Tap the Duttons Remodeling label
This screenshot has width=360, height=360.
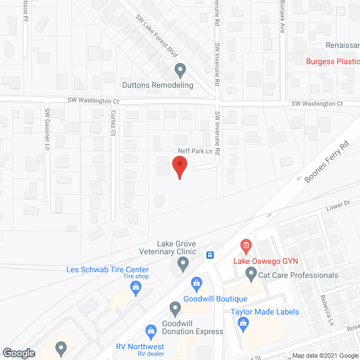click(x=157, y=85)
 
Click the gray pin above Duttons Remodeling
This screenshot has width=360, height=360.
click(x=180, y=71)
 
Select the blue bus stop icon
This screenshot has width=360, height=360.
click(x=210, y=254)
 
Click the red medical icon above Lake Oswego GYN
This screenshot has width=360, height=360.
click(x=245, y=245)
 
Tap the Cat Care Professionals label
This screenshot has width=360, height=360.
click(x=298, y=275)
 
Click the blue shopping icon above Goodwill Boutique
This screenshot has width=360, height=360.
click(x=196, y=282)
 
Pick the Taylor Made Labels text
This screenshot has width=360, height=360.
click(x=264, y=312)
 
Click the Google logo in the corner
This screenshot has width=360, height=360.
click(x=18, y=353)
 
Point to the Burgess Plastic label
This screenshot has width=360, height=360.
click(x=332, y=62)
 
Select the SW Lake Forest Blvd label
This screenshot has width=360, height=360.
click(x=156, y=35)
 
